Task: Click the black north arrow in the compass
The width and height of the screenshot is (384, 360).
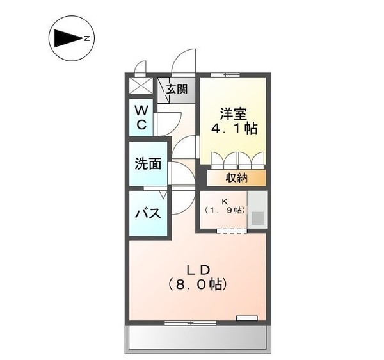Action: click(x=67, y=39)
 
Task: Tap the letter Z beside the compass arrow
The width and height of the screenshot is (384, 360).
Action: click(x=86, y=39)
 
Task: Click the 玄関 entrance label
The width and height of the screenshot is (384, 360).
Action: click(x=177, y=89)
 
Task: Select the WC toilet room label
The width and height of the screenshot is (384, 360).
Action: click(x=141, y=117)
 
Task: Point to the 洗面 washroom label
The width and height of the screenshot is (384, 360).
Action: click(x=147, y=163)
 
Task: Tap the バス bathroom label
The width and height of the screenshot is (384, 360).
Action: click(x=147, y=213)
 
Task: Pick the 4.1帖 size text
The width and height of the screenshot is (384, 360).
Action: click(x=234, y=129)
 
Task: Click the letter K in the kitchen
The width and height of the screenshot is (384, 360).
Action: click(x=225, y=202)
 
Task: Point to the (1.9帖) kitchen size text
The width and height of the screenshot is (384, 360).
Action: click(x=225, y=210)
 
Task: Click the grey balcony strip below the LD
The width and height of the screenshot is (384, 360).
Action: click(x=197, y=337)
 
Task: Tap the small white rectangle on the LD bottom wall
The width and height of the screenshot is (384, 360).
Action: click(x=246, y=318)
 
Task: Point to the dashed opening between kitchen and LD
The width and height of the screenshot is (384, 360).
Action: click(x=230, y=230)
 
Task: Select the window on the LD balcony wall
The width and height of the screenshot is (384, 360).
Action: click(x=189, y=322)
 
